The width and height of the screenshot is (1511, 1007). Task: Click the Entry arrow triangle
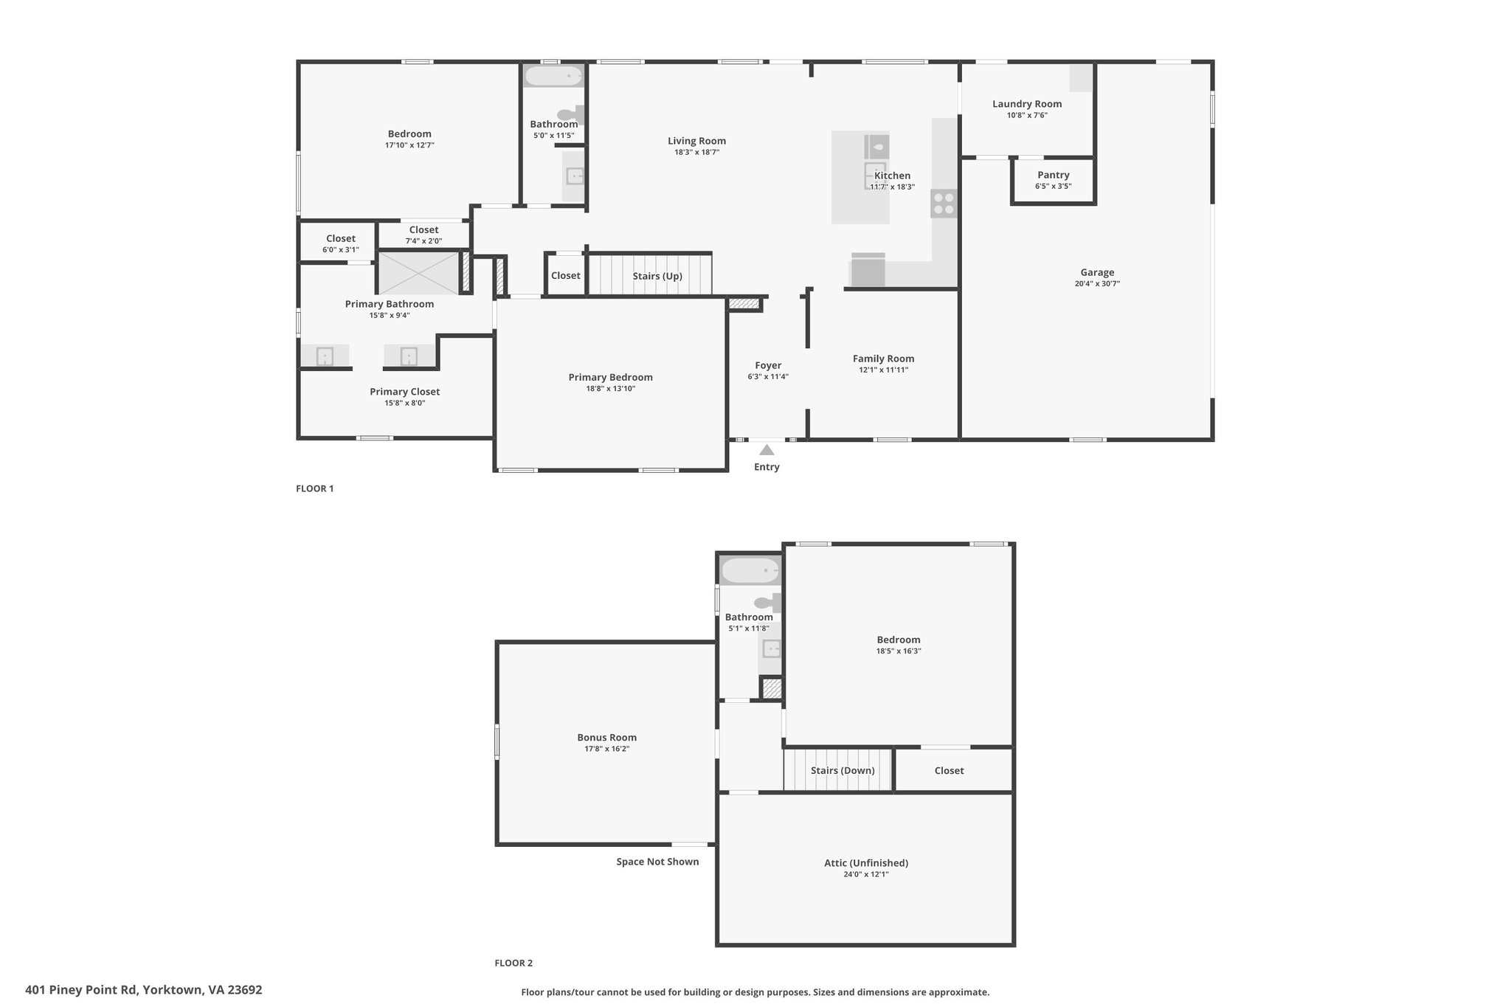click(x=767, y=449)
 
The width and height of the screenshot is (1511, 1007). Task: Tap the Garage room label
click(x=1097, y=272)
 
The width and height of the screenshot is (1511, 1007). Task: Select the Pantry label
click(x=1053, y=175)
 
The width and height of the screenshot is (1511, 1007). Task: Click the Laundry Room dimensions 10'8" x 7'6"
click(x=1027, y=115)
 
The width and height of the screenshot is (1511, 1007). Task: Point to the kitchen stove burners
click(x=944, y=204)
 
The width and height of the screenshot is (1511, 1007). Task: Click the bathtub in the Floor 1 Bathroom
click(x=553, y=76)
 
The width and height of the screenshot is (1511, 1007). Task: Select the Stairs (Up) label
click(x=657, y=276)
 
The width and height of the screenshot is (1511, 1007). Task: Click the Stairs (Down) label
click(x=843, y=770)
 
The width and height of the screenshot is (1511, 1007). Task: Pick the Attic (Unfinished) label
click(x=866, y=862)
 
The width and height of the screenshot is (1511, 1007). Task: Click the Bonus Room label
click(x=606, y=737)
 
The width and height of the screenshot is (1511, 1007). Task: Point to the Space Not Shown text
click(x=657, y=861)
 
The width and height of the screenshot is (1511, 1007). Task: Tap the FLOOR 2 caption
click(x=514, y=963)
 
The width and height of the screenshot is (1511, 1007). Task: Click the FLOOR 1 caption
click(x=315, y=488)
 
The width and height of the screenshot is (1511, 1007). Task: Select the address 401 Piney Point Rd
click(x=81, y=990)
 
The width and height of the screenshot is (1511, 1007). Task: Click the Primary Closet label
click(x=404, y=392)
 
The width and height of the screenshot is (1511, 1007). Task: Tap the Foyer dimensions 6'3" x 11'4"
click(x=768, y=377)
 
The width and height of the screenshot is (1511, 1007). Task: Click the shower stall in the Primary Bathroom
click(x=419, y=273)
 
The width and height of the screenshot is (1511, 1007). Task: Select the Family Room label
click(x=883, y=359)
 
